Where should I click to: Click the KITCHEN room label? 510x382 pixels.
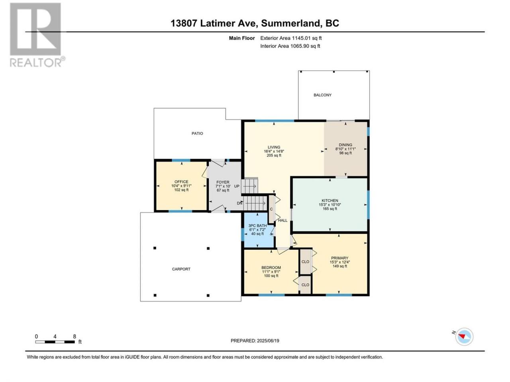pos(330,201)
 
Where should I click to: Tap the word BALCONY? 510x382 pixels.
pos(322,95)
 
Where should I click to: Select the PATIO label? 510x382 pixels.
pos(197,133)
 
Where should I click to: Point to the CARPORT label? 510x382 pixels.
pos(181,269)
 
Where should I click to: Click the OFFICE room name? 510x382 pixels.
pos(181,181)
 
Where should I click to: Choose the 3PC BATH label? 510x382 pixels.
pos(257,226)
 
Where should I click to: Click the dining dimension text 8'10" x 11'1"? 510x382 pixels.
pos(345,149)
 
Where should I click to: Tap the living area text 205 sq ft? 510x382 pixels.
pos(274,156)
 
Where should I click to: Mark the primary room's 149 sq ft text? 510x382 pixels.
pos(339,266)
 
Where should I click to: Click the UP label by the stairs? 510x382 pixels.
pos(237,186)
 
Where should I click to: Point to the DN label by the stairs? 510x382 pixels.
pos(239,203)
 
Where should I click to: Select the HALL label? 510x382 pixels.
pos(282,220)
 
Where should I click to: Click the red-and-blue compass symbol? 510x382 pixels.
pos(464,337)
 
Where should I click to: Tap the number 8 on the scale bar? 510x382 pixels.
pos(75,336)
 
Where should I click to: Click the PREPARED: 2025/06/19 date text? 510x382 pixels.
pos(255,341)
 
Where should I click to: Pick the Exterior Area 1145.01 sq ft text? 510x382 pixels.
pos(291,38)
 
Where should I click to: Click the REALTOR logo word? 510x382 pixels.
pos(35,62)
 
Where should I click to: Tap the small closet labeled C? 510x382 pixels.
pos(271,209)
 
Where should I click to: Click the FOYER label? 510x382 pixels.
pos(223,182)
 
